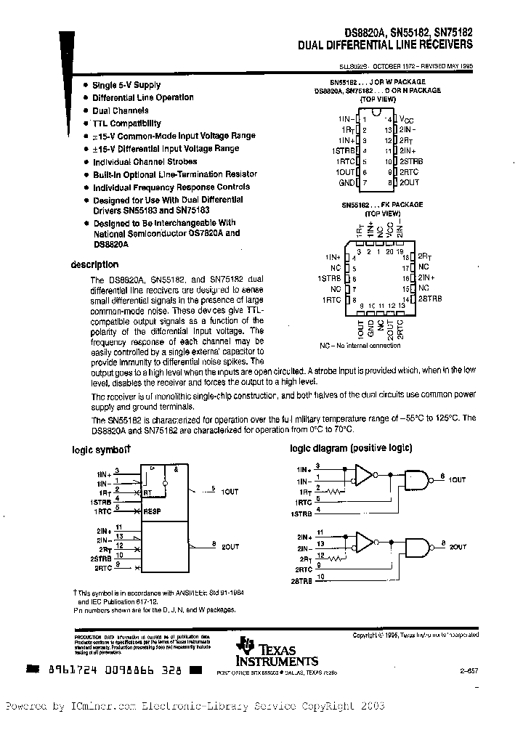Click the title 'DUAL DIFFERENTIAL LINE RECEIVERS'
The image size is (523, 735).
pos(385,44)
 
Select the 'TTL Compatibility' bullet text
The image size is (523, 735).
pos(126,123)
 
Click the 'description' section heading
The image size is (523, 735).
pos(94,265)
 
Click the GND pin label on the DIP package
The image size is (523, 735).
pos(346,182)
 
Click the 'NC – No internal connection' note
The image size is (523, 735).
pos(360,346)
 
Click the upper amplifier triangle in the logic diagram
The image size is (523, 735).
pos(362,476)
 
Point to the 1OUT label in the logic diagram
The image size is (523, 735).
pos(457,480)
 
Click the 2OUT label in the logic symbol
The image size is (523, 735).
pos(230,545)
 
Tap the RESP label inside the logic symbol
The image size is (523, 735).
pos(152,511)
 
